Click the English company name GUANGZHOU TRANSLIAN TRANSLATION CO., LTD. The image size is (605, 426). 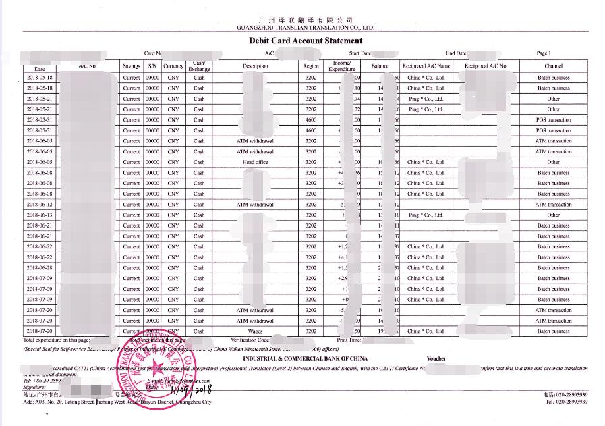305,28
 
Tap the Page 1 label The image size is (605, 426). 544,53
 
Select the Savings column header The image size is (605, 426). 132,66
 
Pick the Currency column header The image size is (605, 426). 173,66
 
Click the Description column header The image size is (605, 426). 256,66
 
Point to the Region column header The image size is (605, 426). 311,66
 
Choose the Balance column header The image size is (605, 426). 380,66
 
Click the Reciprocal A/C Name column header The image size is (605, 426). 426,66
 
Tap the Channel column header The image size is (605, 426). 553,66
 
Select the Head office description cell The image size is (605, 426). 256,162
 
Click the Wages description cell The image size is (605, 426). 256,331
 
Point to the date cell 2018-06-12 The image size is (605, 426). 39,205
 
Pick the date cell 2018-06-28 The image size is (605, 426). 39,268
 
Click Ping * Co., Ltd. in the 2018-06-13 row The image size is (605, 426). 426,215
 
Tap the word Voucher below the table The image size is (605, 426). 436,358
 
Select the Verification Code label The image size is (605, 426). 250,340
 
